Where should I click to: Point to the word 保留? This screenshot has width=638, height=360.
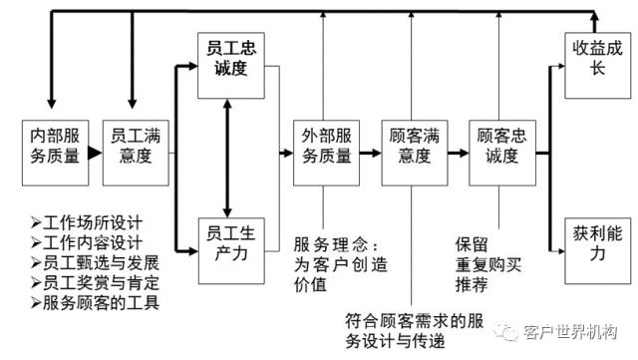point(473,242)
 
